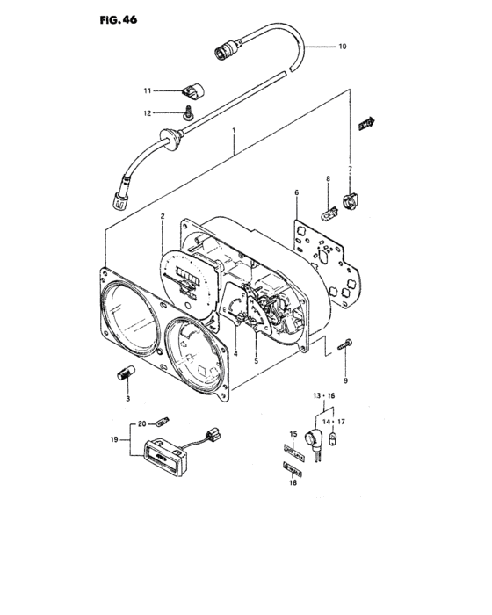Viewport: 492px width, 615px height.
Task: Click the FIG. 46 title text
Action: [x=119, y=19]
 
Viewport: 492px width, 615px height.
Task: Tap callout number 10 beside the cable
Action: [x=343, y=47]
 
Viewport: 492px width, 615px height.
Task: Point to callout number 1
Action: [x=234, y=130]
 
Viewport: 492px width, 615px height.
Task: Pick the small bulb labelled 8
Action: [x=329, y=215]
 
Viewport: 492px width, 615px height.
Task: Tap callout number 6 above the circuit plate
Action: [x=297, y=192]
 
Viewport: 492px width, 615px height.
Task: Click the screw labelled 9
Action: [x=345, y=344]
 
